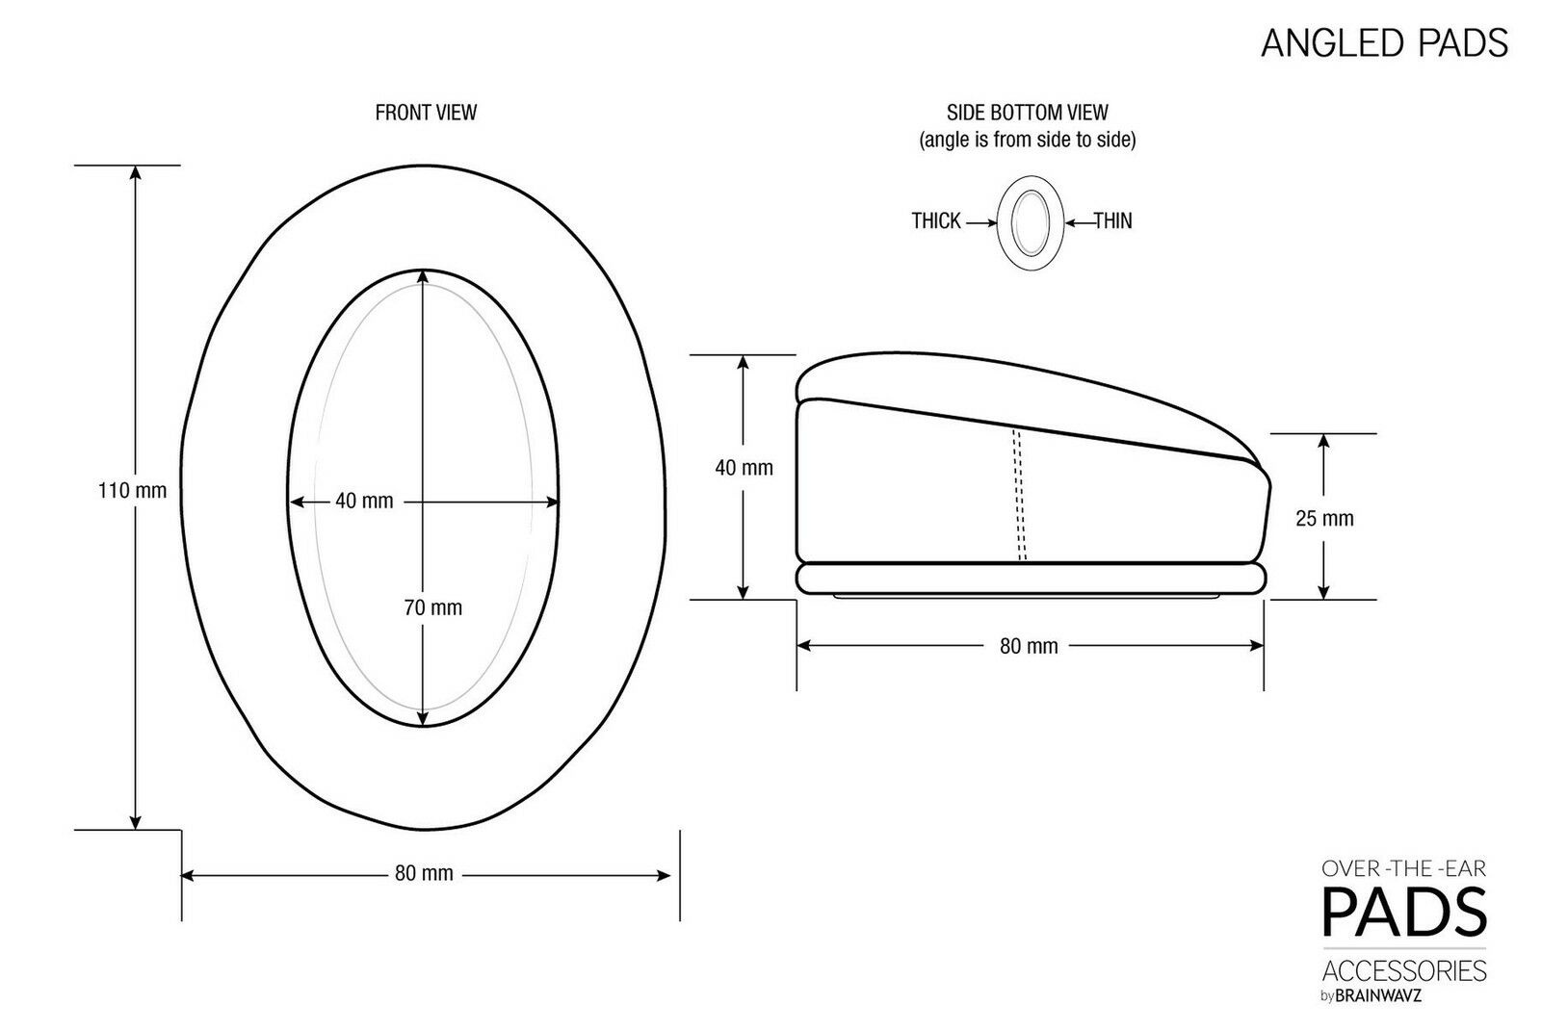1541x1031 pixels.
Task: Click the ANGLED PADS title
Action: click(1384, 43)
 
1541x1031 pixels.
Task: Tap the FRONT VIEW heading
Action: click(426, 113)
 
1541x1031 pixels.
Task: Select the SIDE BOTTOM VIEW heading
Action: click(1028, 113)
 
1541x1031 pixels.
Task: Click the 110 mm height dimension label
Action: click(132, 491)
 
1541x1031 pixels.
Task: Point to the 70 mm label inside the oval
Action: click(432, 607)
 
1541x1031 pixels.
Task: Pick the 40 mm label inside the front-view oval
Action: click(364, 502)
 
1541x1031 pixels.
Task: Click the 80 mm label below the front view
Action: click(424, 874)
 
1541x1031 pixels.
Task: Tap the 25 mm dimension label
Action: click(1324, 519)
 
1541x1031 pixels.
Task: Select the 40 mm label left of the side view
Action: click(744, 468)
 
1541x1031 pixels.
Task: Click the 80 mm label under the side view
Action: click(1029, 646)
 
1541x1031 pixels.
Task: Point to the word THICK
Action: click(936, 221)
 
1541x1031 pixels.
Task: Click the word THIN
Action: click(1112, 221)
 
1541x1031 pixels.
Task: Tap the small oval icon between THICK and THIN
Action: click(1030, 223)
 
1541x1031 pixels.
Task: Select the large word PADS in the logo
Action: click(1405, 912)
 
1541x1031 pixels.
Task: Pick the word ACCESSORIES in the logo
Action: click(1405, 969)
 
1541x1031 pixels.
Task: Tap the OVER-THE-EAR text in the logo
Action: click(1405, 868)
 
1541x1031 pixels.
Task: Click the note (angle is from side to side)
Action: click(1028, 141)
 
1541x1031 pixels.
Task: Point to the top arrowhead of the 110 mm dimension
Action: click(136, 173)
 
